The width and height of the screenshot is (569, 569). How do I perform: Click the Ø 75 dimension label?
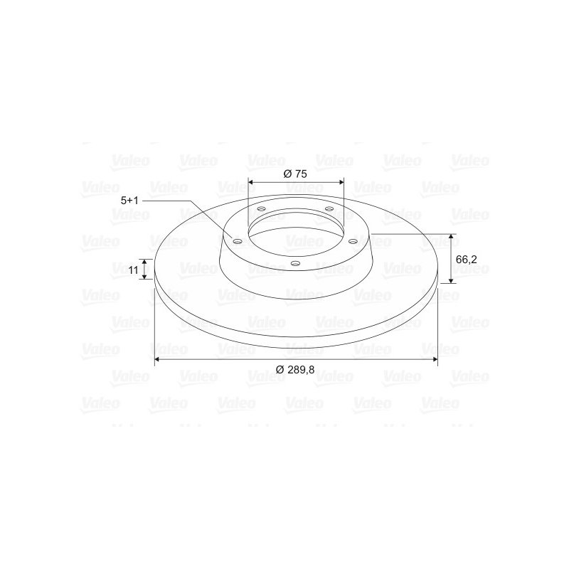(295, 174)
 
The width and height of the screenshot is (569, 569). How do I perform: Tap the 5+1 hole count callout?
(129, 201)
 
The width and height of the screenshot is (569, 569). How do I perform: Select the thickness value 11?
(134, 270)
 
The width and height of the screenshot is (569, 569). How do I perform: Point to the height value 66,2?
(467, 260)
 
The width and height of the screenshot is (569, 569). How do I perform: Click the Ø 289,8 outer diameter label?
(295, 370)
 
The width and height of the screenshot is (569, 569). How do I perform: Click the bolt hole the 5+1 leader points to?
(238, 241)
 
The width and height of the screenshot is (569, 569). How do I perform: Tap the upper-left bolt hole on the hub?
(261, 209)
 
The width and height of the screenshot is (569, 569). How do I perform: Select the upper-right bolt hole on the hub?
(329, 208)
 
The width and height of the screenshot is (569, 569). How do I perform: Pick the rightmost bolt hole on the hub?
(353, 241)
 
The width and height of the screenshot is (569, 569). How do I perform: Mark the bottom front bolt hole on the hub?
(296, 263)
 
